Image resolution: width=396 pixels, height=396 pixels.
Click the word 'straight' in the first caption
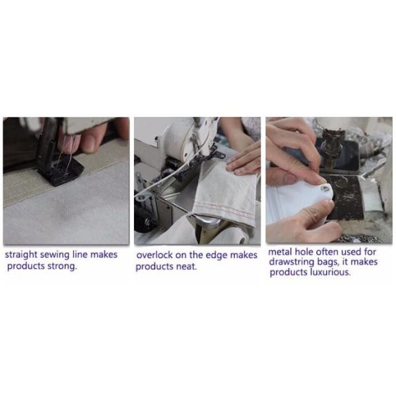pos(21,255)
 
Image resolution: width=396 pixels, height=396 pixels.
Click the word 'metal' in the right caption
pos(280,251)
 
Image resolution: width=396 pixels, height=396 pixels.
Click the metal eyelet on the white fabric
pos(325,188)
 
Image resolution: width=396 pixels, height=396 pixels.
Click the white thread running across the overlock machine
pos(167,177)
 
